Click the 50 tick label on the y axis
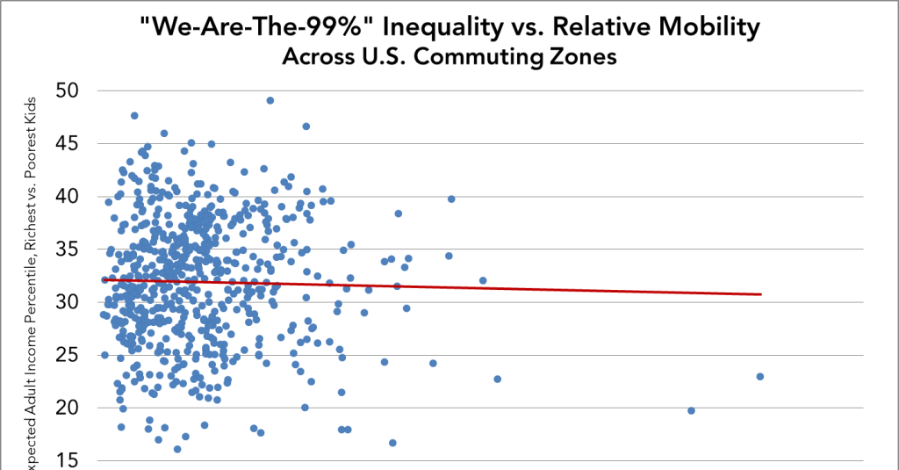[68, 90]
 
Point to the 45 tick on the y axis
[68, 142]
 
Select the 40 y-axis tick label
[68, 196]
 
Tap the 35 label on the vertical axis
[68, 249]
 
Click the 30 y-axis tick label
[68, 301]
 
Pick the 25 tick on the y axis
[68, 354]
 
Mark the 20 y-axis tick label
[68, 407]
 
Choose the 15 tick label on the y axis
[68, 459]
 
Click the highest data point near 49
[270, 100]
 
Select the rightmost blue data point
[759, 376]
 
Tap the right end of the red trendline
[760, 294]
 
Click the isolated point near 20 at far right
[691, 410]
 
